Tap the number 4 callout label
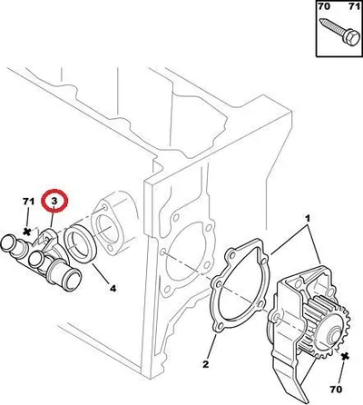click(x=113, y=289)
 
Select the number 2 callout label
click(x=205, y=364)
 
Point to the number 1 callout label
click(x=308, y=218)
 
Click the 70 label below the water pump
click(x=336, y=389)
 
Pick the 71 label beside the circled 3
click(x=28, y=202)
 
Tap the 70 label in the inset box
click(x=323, y=6)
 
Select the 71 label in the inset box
click(x=354, y=6)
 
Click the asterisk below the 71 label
click(x=27, y=232)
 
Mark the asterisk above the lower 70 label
click(x=344, y=357)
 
